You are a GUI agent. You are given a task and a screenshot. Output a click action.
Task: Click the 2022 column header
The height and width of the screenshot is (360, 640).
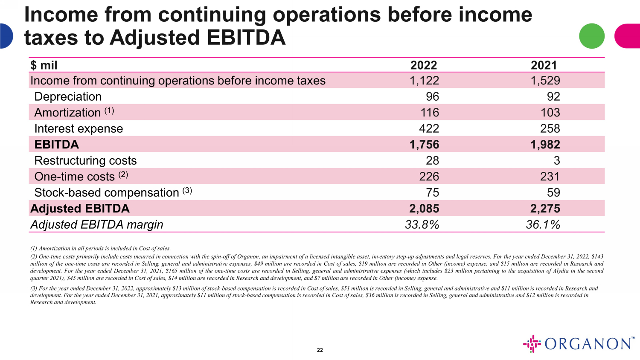tap(423, 65)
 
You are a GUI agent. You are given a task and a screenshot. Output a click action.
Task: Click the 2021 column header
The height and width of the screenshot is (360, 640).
tap(544, 65)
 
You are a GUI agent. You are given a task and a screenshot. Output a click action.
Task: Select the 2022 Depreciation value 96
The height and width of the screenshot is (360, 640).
tap(432, 96)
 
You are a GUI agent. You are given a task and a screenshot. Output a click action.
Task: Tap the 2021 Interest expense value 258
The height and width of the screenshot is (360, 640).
tap(550, 128)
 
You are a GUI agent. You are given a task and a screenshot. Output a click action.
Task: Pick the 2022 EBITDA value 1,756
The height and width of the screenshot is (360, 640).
tap(424, 145)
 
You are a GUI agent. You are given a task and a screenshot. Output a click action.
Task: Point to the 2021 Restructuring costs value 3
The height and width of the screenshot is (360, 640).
tap(557, 160)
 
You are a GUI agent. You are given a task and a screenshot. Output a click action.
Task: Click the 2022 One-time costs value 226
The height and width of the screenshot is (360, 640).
tap(429, 177)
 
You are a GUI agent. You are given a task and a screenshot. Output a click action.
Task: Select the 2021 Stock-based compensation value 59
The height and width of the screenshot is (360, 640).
tap(553, 192)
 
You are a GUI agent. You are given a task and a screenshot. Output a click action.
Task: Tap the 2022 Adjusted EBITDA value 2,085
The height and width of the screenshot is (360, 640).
tap(424, 209)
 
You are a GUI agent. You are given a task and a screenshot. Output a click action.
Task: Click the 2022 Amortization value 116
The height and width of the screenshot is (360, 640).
tap(429, 113)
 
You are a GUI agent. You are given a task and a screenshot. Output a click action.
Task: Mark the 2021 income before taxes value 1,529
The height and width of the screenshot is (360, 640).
tap(545, 81)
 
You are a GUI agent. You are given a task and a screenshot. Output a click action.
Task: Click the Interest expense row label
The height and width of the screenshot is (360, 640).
tap(79, 128)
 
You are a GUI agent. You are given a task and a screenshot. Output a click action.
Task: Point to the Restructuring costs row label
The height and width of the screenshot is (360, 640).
tap(85, 160)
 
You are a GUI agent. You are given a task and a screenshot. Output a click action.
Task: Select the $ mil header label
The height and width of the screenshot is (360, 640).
tap(44, 65)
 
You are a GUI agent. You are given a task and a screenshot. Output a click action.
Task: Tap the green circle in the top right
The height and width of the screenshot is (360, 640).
tap(592, 36)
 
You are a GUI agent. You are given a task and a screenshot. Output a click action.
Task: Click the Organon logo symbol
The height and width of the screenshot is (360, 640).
tap(532, 343)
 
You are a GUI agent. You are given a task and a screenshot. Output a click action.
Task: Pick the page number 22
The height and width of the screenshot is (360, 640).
tap(320, 350)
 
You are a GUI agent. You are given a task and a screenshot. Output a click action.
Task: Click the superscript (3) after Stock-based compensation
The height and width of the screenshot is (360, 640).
tap(187, 190)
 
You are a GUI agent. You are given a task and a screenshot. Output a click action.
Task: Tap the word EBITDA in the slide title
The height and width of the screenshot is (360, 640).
tap(246, 38)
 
